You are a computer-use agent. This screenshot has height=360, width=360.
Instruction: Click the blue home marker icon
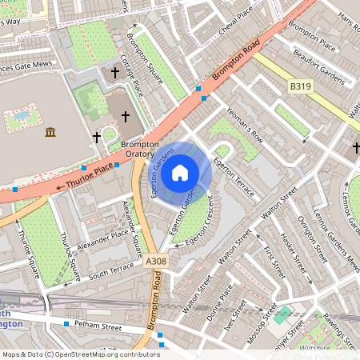tap(180, 172)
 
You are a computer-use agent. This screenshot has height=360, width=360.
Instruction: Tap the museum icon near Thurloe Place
tap(50, 132)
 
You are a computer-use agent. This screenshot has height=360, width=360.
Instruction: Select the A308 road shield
tap(158, 261)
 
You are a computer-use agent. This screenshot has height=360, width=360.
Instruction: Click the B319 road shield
tap(301, 86)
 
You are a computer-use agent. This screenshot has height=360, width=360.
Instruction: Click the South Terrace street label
tap(111, 270)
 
